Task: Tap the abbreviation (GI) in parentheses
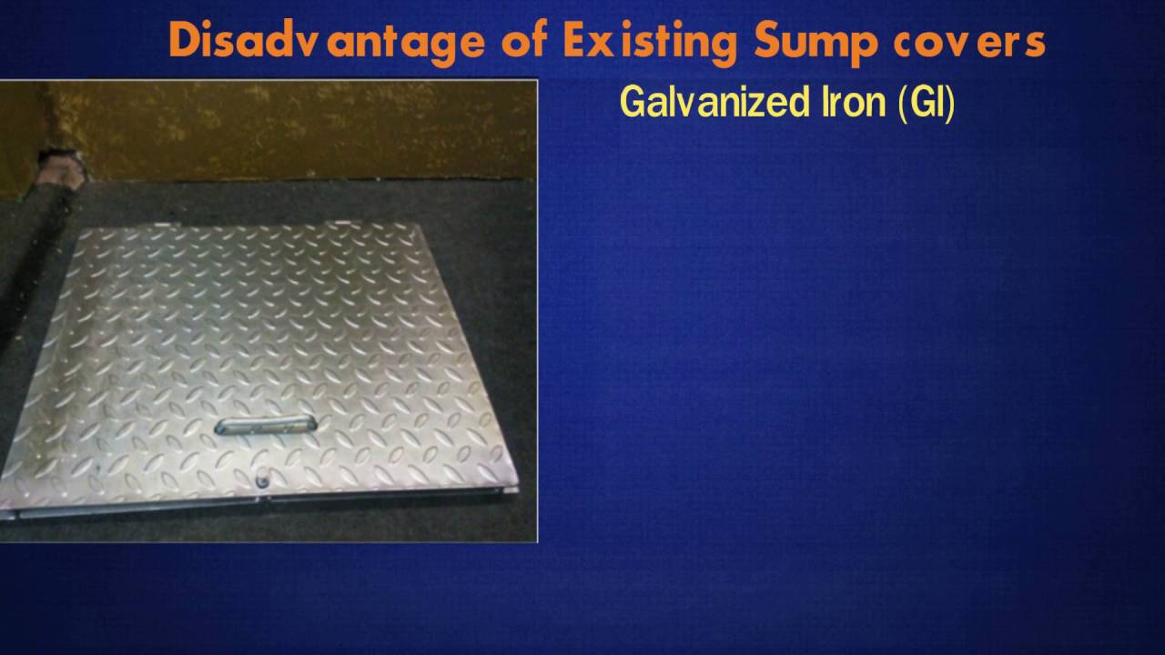click(x=927, y=103)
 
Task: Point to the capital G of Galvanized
click(x=632, y=103)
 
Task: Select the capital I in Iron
click(x=813, y=103)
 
